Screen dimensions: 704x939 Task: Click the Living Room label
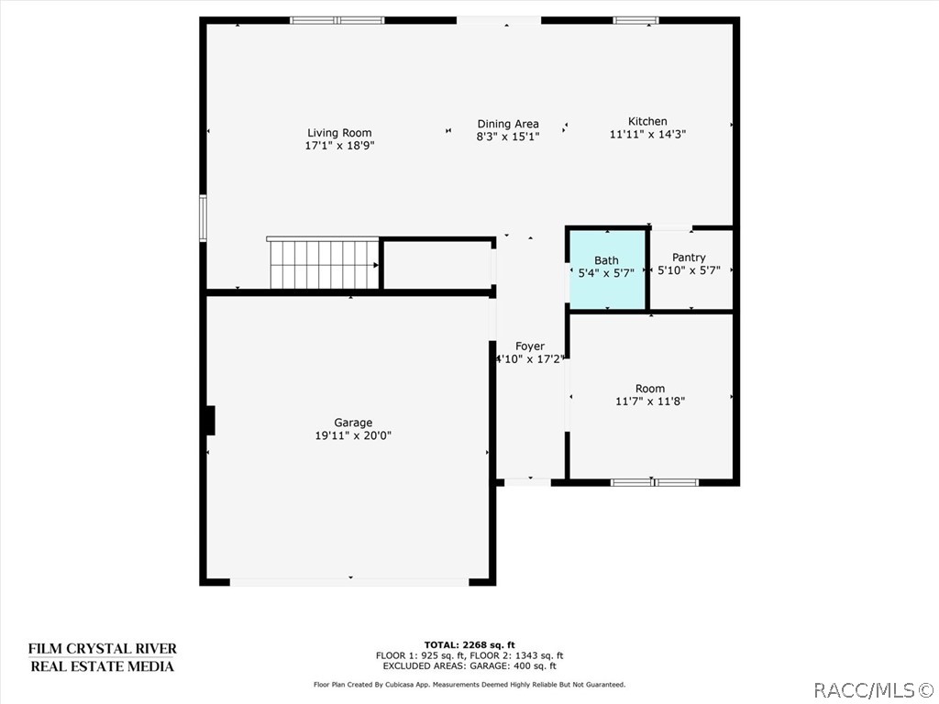pyautogui.click(x=339, y=133)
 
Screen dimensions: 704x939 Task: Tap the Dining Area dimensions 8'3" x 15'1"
pyautogui.click(x=507, y=137)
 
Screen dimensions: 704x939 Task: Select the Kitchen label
pyautogui.click(x=647, y=121)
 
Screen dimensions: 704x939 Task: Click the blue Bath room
pyautogui.click(x=606, y=269)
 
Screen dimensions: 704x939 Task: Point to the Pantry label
pyautogui.click(x=689, y=258)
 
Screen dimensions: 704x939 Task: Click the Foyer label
pyautogui.click(x=530, y=346)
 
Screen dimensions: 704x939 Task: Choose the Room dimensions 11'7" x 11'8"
pyautogui.click(x=650, y=401)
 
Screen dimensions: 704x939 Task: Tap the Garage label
pyautogui.click(x=353, y=423)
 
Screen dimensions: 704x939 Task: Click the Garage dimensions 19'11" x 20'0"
pyautogui.click(x=353, y=436)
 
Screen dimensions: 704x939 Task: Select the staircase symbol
pyautogui.click(x=324, y=264)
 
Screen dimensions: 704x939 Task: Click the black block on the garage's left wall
pyautogui.click(x=210, y=421)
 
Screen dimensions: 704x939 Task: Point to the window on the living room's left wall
pyautogui.click(x=204, y=217)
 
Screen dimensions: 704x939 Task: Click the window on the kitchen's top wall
pyautogui.click(x=635, y=20)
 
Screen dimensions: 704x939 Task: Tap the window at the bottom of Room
pyautogui.click(x=654, y=482)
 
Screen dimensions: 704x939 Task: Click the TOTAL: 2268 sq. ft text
pyautogui.click(x=469, y=643)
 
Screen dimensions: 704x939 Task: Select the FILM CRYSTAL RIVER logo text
pyautogui.click(x=102, y=649)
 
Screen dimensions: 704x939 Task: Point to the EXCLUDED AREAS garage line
pyautogui.click(x=469, y=666)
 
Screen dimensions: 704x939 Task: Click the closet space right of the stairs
pyautogui.click(x=436, y=266)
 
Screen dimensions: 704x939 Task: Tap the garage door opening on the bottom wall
pyautogui.click(x=349, y=581)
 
